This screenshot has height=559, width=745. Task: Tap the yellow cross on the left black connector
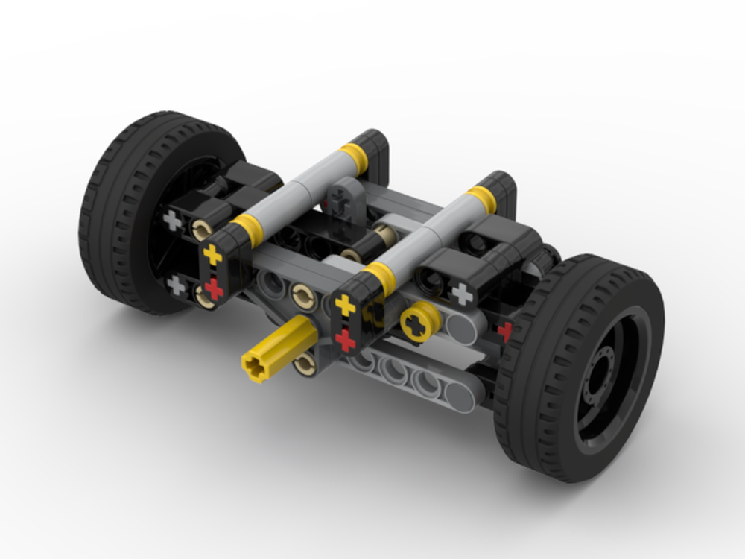tap(213, 256)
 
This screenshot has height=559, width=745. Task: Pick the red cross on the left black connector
tap(215, 288)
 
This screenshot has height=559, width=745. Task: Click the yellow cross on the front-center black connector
tap(345, 305)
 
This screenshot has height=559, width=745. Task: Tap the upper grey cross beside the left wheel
tap(173, 220)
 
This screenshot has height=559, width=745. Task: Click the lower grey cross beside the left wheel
tap(176, 284)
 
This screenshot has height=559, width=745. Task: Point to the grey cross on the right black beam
tap(463, 294)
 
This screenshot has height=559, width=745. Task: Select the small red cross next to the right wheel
tap(505, 330)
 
